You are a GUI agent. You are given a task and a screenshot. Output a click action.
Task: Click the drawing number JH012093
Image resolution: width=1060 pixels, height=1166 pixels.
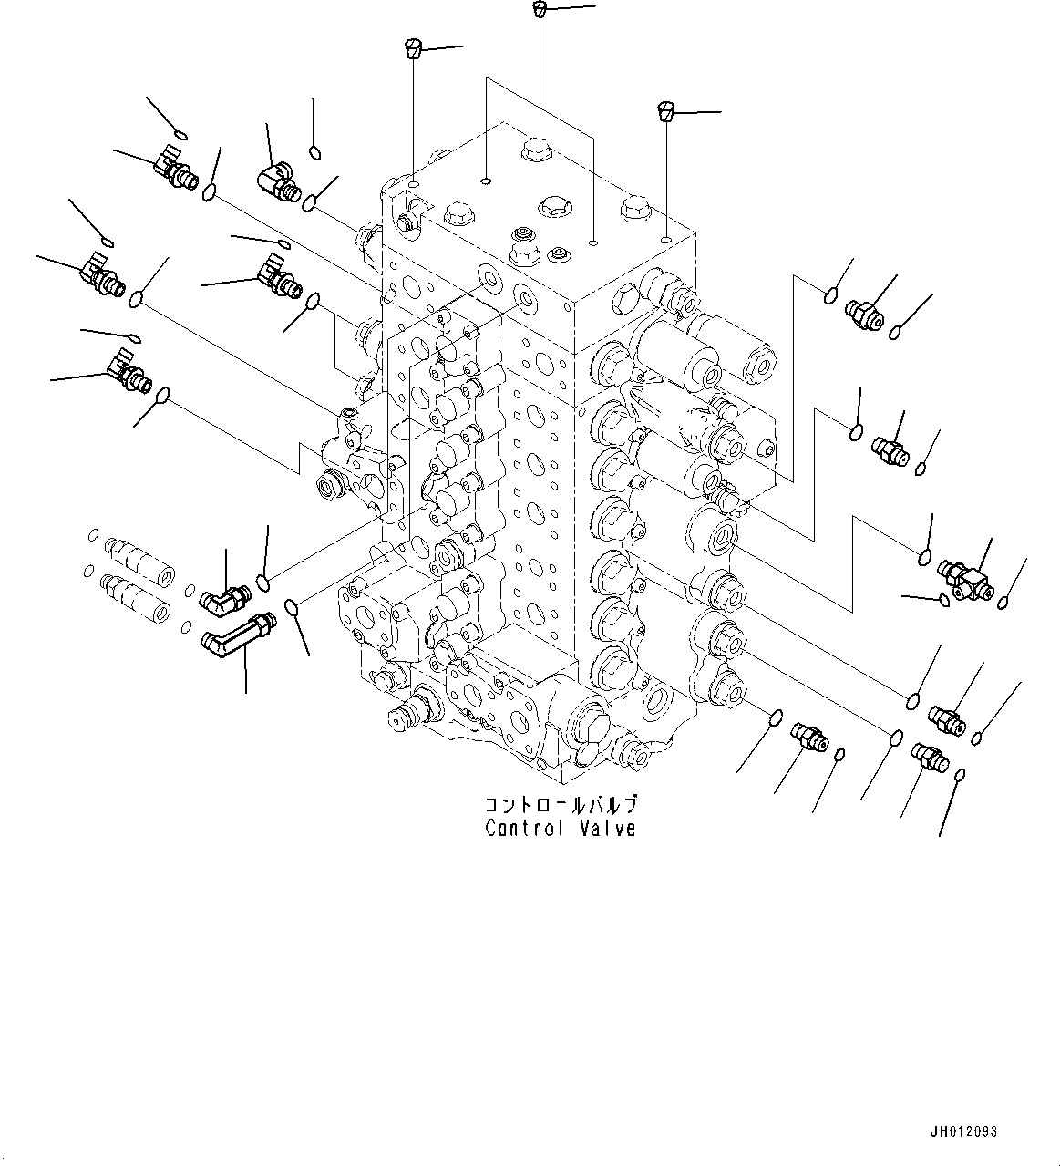[x=964, y=1131]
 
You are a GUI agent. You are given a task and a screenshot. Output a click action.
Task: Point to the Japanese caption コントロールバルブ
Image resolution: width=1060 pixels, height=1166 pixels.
[x=560, y=805]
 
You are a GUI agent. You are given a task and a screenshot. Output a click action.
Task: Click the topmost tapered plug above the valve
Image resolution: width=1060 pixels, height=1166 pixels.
[x=539, y=10]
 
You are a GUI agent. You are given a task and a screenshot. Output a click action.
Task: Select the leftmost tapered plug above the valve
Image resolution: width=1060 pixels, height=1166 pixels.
[x=413, y=47]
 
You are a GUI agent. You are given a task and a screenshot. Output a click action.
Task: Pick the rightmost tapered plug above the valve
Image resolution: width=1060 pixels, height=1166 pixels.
[x=666, y=112]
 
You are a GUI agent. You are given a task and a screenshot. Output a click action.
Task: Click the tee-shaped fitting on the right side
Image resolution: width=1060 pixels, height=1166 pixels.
[x=967, y=579]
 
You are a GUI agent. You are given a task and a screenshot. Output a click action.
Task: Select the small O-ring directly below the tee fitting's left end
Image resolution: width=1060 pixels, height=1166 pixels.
[x=942, y=599]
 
